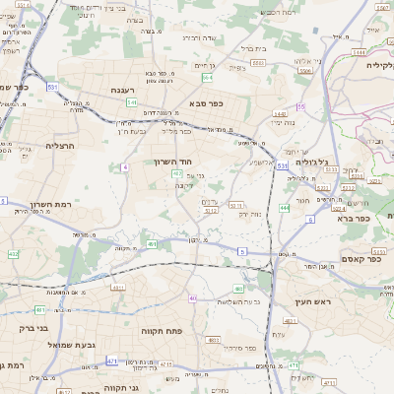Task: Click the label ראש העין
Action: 308,300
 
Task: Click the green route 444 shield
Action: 285,208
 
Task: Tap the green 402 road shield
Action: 13,254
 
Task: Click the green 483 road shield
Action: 238,289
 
